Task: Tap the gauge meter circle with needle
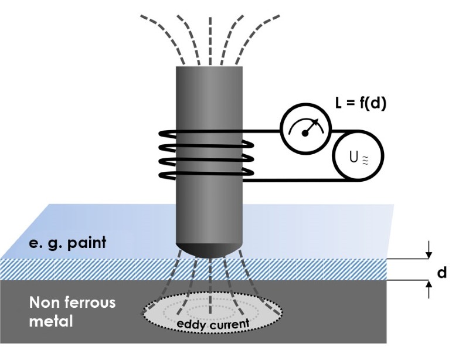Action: pyautogui.click(x=305, y=129)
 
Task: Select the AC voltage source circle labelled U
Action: pyautogui.click(x=358, y=157)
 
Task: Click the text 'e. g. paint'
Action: pyautogui.click(x=68, y=241)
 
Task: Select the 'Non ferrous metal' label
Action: pyautogui.click(x=72, y=311)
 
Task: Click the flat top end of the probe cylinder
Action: pyautogui.click(x=210, y=68)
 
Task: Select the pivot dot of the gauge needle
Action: pyautogui.click(x=305, y=133)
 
